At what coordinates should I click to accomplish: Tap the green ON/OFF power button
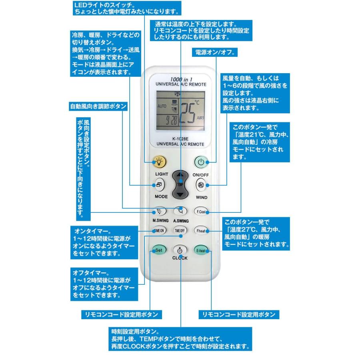click(201, 162)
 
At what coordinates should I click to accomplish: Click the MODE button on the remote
click(159, 185)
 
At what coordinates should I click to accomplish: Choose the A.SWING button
click(180, 211)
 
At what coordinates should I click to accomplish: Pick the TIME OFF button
click(180, 231)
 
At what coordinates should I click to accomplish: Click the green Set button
click(158, 250)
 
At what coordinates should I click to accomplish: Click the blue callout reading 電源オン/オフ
click(216, 53)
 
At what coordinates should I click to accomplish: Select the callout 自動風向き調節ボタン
click(98, 107)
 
